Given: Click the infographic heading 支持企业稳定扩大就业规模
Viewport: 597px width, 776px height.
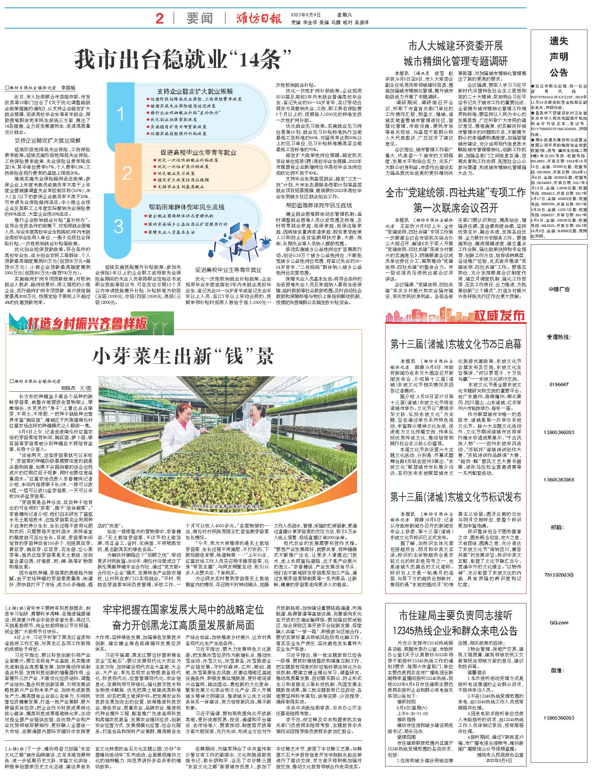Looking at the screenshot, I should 195,91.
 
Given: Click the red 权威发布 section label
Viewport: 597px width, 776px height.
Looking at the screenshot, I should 506,315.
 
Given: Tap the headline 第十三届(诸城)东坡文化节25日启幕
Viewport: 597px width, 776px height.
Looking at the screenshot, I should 456,344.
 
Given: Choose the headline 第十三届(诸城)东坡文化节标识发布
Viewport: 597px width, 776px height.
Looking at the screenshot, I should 456,497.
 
